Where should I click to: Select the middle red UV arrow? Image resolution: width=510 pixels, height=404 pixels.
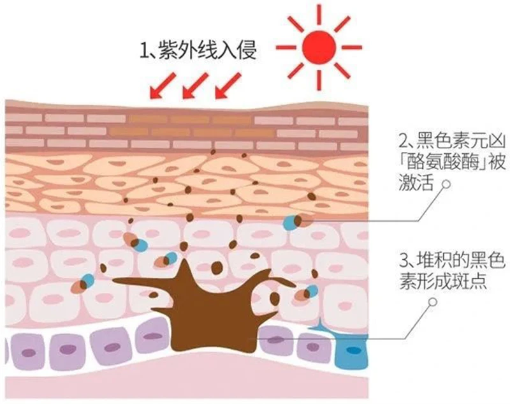click(x=193, y=86)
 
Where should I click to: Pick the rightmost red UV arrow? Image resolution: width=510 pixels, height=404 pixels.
click(x=226, y=86)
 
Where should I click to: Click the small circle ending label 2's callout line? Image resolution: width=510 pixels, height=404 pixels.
click(x=447, y=185)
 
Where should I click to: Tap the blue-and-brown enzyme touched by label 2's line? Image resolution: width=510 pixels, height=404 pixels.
click(x=295, y=222)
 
